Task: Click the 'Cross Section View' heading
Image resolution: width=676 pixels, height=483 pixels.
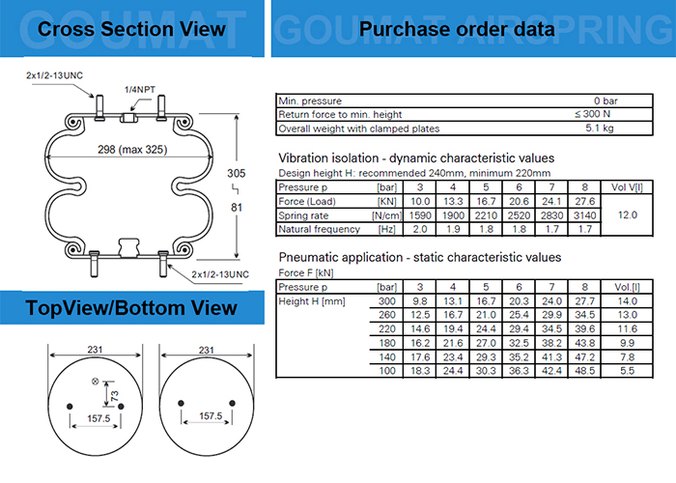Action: tap(131, 29)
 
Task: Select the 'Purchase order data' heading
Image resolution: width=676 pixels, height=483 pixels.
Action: tap(457, 29)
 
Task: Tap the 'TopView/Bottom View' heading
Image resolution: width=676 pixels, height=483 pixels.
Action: tap(131, 308)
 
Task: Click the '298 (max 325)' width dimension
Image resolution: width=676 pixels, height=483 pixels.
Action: tap(131, 151)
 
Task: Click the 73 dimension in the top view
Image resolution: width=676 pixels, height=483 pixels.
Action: tap(114, 397)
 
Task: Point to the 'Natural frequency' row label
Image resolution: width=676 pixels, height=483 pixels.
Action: tap(315, 229)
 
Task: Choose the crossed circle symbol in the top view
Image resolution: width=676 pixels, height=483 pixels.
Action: tap(95, 381)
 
